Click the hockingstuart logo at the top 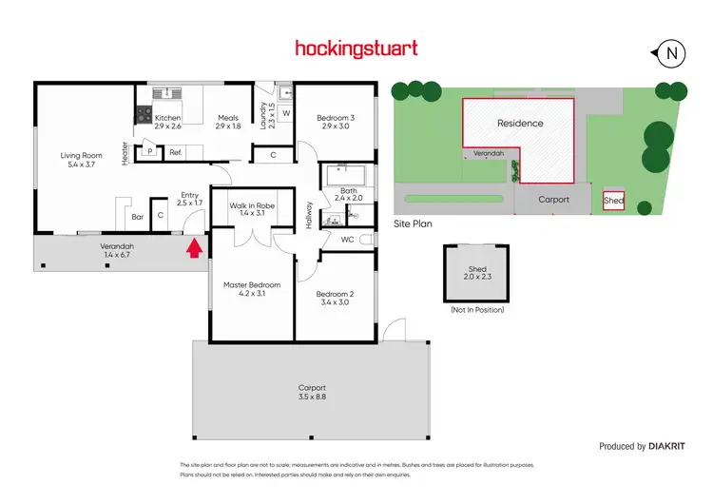pos(356,48)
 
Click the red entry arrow pos(194,249)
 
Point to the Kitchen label pos(168,122)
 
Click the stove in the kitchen pos(145,115)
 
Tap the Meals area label pos(228,122)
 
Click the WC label pos(347,239)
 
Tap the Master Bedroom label pos(252,289)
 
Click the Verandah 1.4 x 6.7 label pos(119,250)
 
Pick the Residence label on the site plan pos(520,123)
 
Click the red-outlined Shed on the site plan pos(613,201)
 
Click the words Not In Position pos(476,310)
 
